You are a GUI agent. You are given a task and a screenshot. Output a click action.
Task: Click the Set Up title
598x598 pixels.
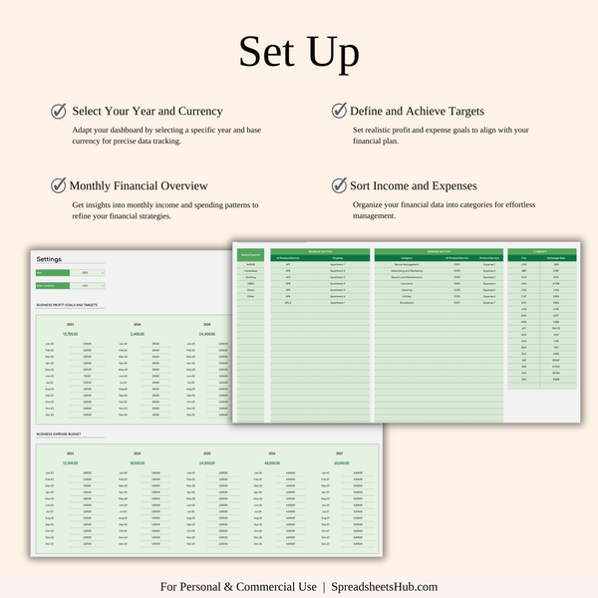[299, 53]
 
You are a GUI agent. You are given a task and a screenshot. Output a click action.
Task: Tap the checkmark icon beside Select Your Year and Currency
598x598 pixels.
[59, 111]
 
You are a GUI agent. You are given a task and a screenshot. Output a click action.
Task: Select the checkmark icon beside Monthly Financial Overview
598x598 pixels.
[59, 185]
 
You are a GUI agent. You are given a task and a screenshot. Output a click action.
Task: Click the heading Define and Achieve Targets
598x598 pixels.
[417, 111]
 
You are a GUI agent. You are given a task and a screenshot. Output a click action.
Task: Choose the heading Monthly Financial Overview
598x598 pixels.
[139, 185]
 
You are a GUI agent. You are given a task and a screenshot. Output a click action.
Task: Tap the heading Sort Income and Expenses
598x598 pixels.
[413, 185]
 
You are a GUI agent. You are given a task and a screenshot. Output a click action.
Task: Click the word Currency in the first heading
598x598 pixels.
[194, 111]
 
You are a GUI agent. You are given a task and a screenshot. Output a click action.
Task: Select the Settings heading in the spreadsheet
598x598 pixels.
[49, 259]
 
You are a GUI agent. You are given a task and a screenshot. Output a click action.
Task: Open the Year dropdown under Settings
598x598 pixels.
[87, 272]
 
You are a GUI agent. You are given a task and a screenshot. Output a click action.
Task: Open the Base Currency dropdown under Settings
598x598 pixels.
[87, 285]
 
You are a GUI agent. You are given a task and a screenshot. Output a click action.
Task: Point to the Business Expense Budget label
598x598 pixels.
[58, 435]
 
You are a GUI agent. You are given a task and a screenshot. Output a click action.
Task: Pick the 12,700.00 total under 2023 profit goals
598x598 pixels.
[70, 334]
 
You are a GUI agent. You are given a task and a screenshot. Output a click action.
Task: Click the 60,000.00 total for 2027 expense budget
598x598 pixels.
[341, 462]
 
